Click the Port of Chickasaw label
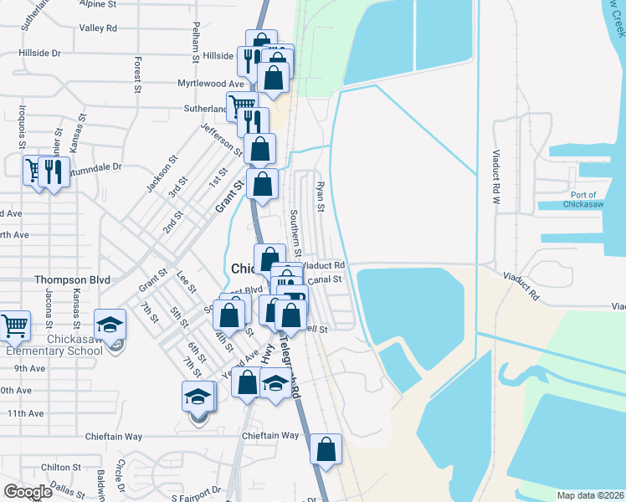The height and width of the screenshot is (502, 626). (567, 199)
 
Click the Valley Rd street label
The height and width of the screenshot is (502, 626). (98, 28)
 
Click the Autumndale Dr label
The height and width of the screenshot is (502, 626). (99, 166)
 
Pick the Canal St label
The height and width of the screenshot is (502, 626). (326, 279)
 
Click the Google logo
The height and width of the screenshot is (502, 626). (28, 492)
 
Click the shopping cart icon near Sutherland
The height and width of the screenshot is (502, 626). (241, 106)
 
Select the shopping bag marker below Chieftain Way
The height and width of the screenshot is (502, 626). (326, 449)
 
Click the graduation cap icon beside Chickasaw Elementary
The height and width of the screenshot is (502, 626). (110, 324)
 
